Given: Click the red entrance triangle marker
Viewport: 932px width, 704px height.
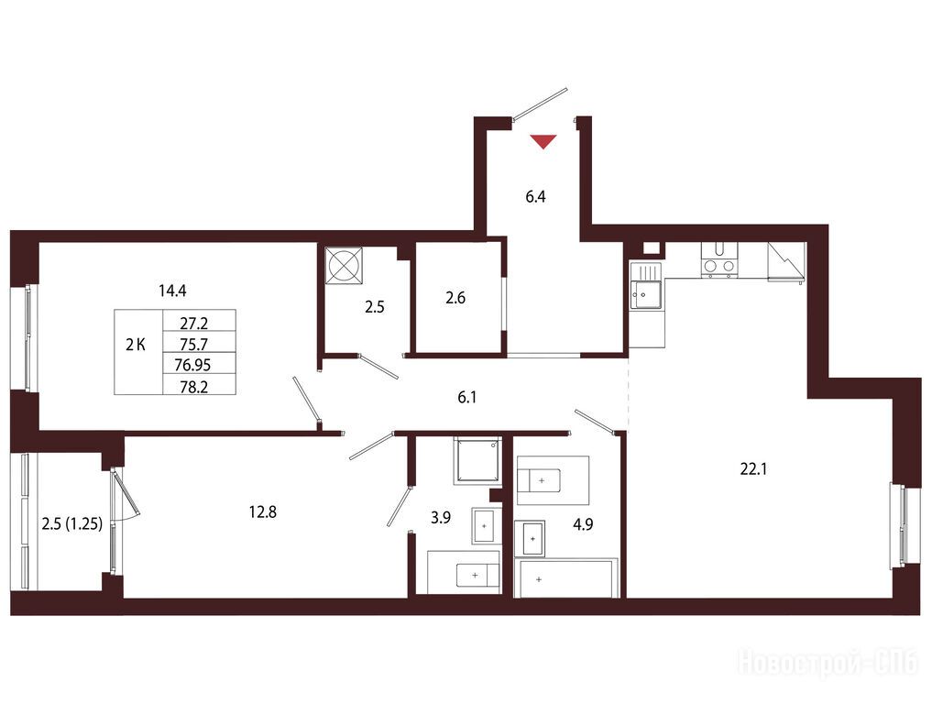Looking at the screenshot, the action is (543, 141).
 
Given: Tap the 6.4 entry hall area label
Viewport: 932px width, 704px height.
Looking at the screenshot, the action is (535, 197).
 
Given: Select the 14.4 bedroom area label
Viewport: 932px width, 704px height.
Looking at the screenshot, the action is (172, 291).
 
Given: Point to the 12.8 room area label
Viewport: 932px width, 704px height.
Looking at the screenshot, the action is (263, 511).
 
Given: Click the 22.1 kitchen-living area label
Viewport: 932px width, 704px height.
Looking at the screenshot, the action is (753, 469).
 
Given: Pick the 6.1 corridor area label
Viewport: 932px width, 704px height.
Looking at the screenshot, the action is (467, 397).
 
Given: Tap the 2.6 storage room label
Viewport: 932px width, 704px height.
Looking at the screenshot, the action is (455, 298).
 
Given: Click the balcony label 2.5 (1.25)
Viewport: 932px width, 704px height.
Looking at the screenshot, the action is (71, 523).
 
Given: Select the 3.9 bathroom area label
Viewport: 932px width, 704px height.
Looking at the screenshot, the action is (441, 518).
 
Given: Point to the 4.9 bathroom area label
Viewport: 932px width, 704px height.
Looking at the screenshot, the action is (583, 524).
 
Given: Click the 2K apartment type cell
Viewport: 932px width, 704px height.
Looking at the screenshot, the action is (136, 345).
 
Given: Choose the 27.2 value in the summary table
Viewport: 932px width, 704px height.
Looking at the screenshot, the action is (193, 324).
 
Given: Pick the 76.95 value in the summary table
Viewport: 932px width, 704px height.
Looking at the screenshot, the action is (192, 365).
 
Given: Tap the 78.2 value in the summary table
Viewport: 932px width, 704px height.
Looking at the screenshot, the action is (193, 387).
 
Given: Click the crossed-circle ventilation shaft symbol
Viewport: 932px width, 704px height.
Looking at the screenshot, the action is (345, 265).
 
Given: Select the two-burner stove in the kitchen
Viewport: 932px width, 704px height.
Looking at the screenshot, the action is (719, 260).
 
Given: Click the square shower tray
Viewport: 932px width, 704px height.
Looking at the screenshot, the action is (477, 460).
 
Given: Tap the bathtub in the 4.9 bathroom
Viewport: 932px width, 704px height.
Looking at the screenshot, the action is (568, 577).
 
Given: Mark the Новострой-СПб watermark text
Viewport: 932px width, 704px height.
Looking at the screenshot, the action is (828, 662).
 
